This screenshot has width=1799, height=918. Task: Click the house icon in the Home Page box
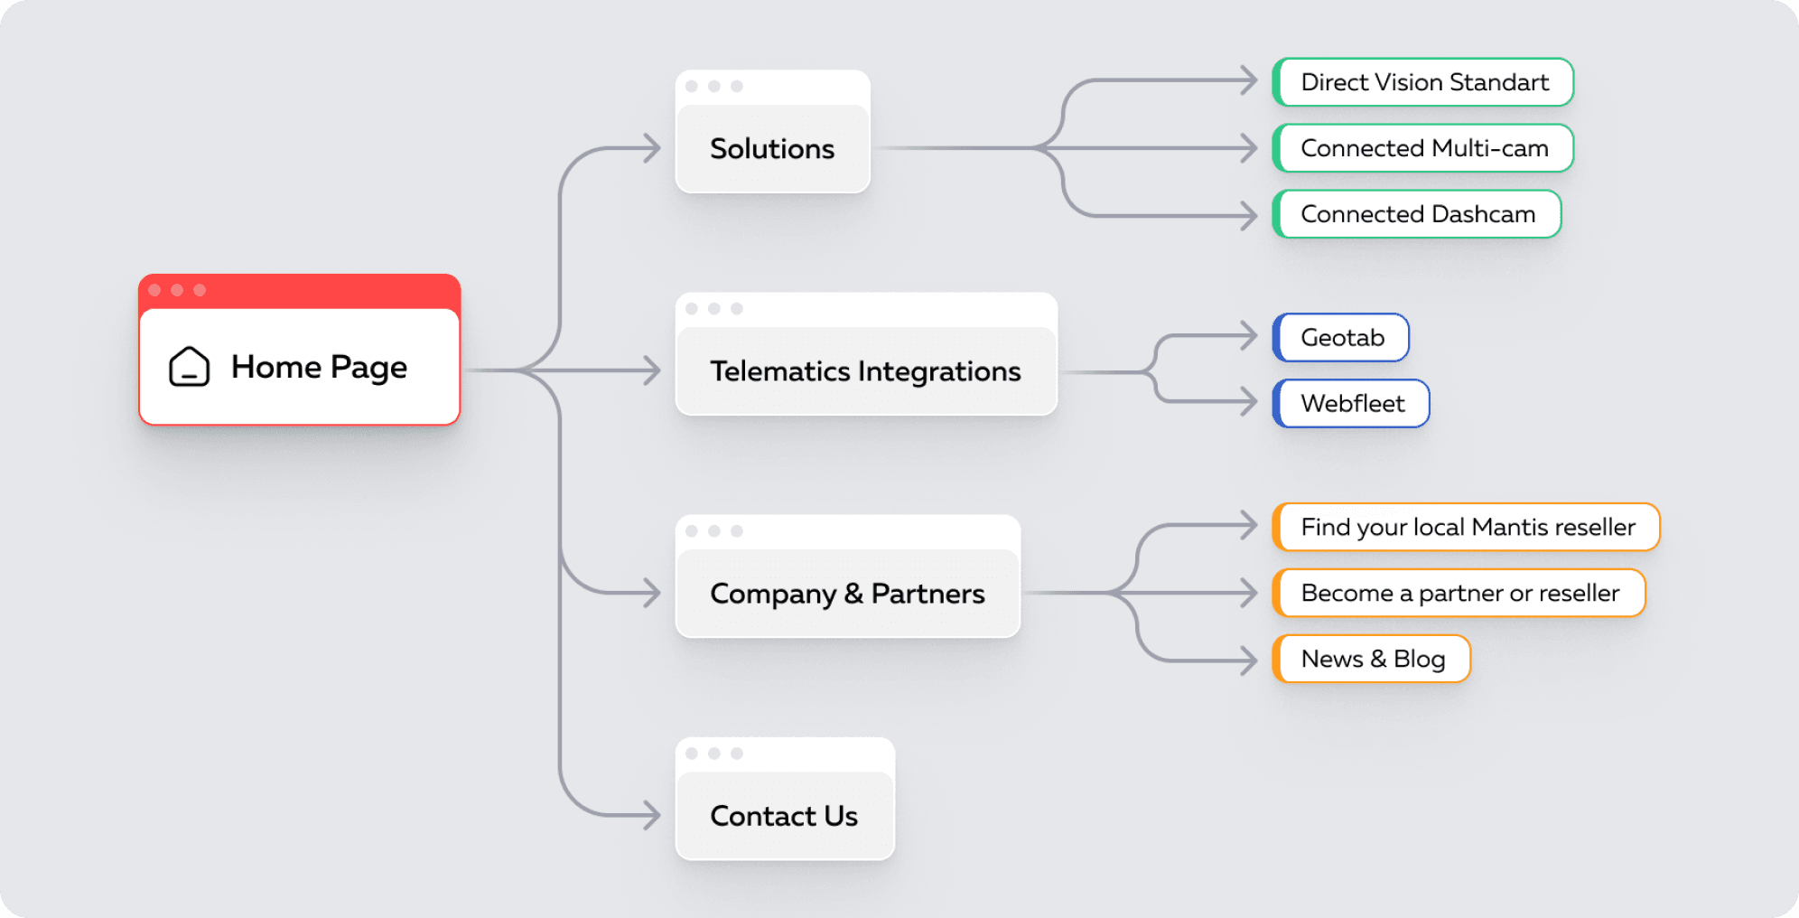tap(189, 367)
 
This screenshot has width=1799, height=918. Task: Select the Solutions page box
tap(772, 148)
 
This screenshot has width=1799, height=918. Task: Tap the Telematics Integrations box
tap(865, 370)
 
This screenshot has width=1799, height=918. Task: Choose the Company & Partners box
tap(847, 593)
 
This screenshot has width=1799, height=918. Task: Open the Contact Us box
tap(784, 815)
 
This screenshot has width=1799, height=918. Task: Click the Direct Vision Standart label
tap(1424, 82)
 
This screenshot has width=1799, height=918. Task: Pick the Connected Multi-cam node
tap(1424, 148)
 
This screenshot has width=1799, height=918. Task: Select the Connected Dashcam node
tap(1418, 214)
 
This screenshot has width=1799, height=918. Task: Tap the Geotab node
tap(1342, 337)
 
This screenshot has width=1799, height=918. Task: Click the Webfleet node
tap(1352, 403)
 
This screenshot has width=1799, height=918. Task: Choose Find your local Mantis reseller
tap(1468, 527)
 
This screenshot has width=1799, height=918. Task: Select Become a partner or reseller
tap(1459, 593)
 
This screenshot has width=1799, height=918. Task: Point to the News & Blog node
tap(1373, 659)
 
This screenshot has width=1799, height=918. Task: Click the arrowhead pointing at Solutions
tap(653, 148)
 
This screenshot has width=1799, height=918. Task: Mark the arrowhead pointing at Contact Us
tap(653, 815)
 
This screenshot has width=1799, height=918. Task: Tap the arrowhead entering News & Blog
tap(1250, 660)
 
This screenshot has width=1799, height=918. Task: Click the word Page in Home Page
tap(368, 368)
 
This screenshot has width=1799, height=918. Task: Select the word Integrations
tap(939, 371)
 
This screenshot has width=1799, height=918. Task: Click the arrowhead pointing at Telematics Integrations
tap(653, 370)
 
